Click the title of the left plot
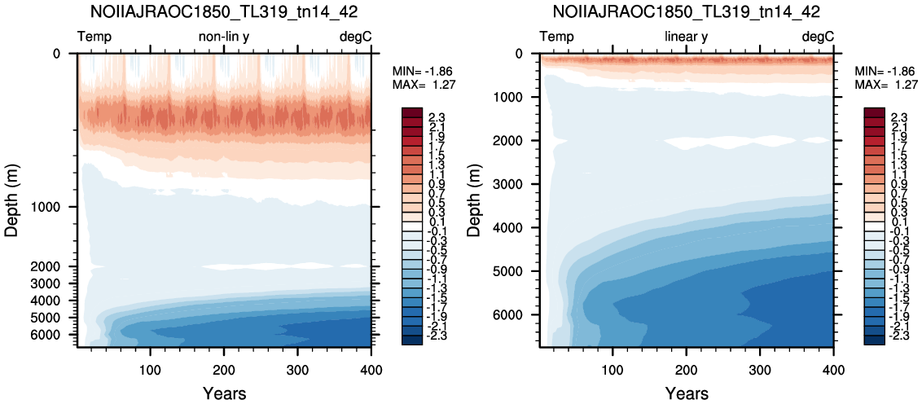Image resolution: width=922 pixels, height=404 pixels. click(224, 11)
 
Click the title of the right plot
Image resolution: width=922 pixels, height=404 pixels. click(687, 11)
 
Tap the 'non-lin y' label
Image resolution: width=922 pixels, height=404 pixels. click(224, 37)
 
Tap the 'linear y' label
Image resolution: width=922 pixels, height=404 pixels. click(687, 37)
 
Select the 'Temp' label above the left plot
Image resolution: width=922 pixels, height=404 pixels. click(94, 37)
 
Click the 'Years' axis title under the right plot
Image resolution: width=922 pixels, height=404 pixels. click(687, 393)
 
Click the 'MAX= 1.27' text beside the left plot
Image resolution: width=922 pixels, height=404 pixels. click(424, 84)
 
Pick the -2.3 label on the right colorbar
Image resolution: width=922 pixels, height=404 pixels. click(895, 339)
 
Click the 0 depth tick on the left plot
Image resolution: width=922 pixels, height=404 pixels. click(56, 54)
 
